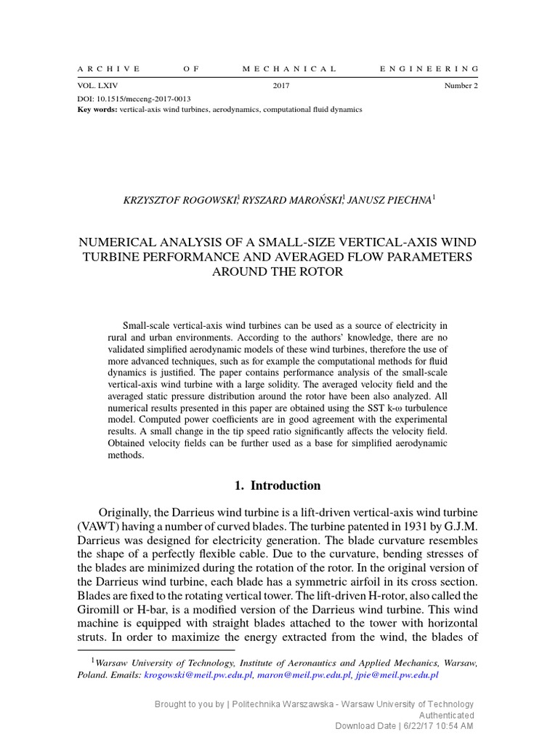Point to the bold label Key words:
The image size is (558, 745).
[x=97, y=109]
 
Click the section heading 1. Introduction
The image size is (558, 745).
[x=279, y=485]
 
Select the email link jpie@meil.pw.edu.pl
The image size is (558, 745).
[x=397, y=674]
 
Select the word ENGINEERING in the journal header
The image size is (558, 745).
[x=429, y=69]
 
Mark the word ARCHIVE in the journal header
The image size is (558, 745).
[x=108, y=69]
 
